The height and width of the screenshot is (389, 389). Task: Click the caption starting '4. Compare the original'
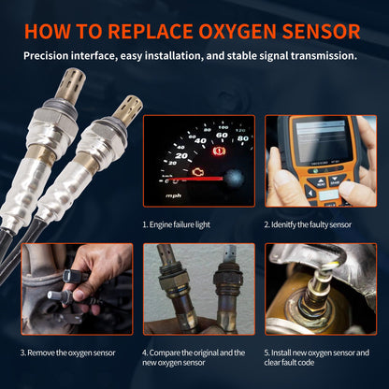(x=194, y=353)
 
